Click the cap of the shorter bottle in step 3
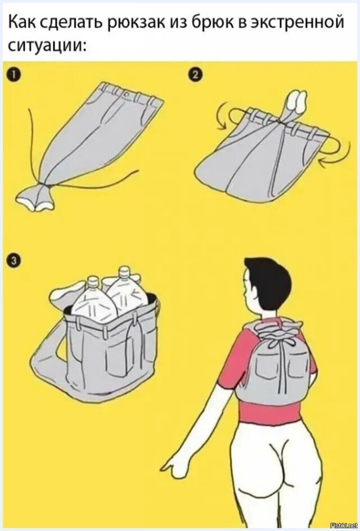[93, 281]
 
